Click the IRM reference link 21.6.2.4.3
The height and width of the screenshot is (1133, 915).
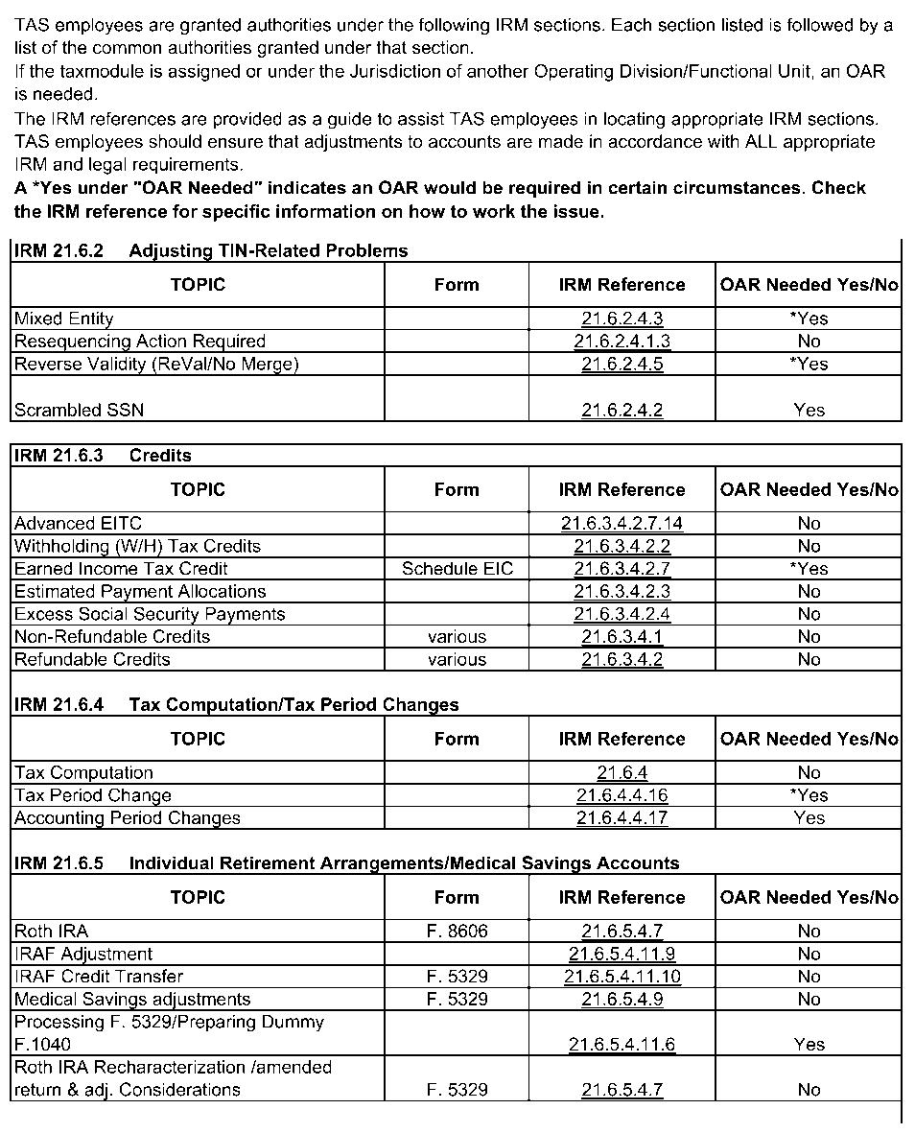pos(622,319)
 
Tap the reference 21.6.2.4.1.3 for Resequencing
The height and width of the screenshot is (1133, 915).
pos(622,342)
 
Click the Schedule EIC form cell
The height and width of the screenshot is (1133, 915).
pos(457,569)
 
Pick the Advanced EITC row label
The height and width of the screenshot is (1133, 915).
pos(78,523)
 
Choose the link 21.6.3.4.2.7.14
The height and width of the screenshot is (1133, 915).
pos(622,523)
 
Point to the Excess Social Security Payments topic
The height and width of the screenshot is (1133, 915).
pos(150,614)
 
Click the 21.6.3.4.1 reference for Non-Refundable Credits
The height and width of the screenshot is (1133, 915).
pos(622,637)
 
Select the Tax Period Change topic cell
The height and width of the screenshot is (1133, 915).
pos(93,795)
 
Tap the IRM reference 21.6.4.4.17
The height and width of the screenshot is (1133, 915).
pos(622,818)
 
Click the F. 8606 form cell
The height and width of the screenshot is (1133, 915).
pos(457,931)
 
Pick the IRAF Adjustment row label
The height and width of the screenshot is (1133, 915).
pos(83,954)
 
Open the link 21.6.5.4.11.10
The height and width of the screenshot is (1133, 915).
pos(622,977)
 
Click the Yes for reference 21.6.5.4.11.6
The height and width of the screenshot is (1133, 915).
pos(809,1045)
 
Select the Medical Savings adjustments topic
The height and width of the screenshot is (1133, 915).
pos(132,1000)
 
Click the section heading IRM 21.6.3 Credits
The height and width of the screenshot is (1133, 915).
pos(103,456)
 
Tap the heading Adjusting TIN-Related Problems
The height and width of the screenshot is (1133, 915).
pos(268,251)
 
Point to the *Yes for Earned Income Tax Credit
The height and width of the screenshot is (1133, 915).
pos(809,569)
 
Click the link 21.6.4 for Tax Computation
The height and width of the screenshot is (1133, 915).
pos(622,773)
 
